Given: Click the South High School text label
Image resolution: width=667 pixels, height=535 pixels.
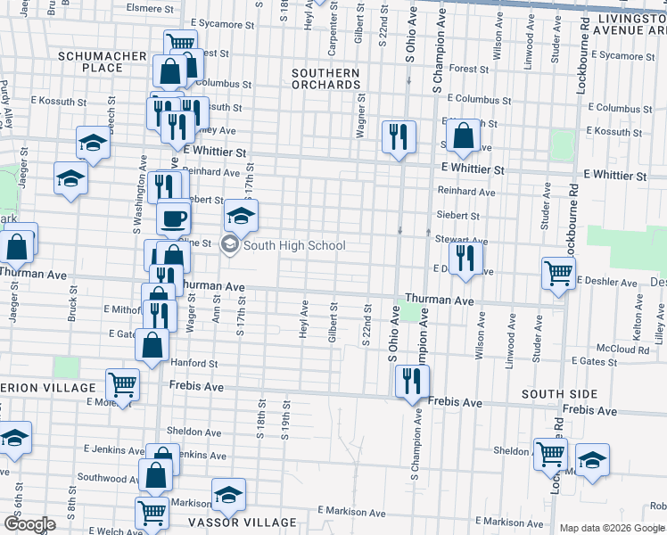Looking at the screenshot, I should tap(294, 246).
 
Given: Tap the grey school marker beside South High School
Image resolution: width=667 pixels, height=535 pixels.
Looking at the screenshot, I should tap(230, 246).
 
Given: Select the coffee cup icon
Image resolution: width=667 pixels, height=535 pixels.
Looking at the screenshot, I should tap(174, 217).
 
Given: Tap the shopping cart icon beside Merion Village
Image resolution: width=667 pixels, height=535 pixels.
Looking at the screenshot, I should tap(122, 384).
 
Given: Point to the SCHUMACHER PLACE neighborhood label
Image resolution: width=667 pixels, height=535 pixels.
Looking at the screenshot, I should tap(102, 62).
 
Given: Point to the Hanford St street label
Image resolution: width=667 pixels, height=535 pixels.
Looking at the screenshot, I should tap(194, 364).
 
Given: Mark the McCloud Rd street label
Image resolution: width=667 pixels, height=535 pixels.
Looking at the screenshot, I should tap(623, 350).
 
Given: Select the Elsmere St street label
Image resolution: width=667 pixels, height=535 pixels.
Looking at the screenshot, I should tap(151, 9).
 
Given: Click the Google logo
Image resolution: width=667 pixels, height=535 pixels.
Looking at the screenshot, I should tap(29, 525).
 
